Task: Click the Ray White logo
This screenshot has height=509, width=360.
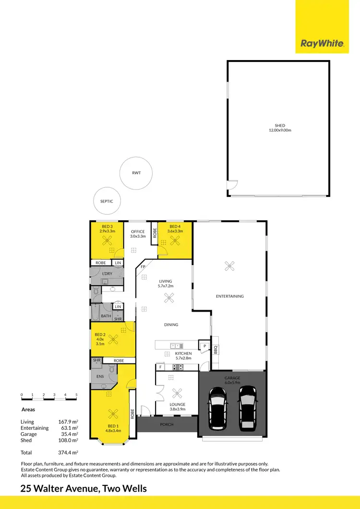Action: pyautogui.click(x=322, y=44)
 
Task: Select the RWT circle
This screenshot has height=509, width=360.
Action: pyautogui.click(x=136, y=173)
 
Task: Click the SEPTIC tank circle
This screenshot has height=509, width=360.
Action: pyautogui.click(x=107, y=201)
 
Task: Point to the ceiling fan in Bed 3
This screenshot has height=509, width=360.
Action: pyautogui.click(x=108, y=242)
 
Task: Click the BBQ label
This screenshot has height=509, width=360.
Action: pyautogui.click(x=216, y=350)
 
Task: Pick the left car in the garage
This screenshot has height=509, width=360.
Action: pyautogui.click(x=217, y=407)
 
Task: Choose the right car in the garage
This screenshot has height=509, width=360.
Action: pyautogui.click(x=248, y=407)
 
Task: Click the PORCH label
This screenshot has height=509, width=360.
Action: pyautogui.click(x=167, y=424)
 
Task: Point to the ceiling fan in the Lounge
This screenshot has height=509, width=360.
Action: pyautogui.click(x=177, y=392)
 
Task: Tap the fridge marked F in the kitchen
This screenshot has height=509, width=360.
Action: pyautogui.click(x=160, y=367)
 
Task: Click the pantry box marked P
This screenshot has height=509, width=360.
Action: pyautogui.click(x=204, y=345)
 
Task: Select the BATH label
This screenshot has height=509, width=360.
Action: pyautogui.click(x=106, y=316)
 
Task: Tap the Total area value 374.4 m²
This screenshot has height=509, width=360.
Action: pyautogui.click(x=68, y=452)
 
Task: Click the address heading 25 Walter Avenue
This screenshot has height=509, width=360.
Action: pyautogui.click(x=84, y=489)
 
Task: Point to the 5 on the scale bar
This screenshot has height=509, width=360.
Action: pyautogui.click(x=76, y=395)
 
